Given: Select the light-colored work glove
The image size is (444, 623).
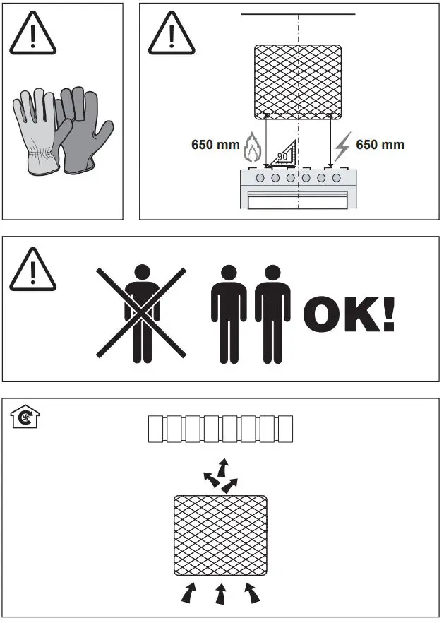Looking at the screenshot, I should [x=35, y=134].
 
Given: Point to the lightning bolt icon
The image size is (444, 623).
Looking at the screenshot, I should [x=342, y=146].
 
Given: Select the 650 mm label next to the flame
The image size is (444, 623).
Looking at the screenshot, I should [x=215, y=145].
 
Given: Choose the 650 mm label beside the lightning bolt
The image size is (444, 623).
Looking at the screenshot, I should [x=380, y=145].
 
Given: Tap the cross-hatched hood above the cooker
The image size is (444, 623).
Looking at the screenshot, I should [x=298, y=81].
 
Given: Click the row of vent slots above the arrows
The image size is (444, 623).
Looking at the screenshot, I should [x=220, y=429].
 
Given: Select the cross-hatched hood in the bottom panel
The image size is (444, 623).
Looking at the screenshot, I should [x=220, y=535].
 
